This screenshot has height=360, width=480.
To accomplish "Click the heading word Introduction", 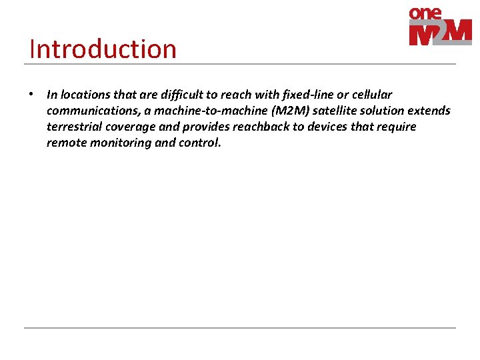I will click(x=103, y=49).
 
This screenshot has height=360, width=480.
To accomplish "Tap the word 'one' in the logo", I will click(x=425, y=13).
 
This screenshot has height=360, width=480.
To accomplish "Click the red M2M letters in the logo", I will click(x=440, y=33).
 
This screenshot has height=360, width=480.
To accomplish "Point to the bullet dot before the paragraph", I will click(x=31, y=94).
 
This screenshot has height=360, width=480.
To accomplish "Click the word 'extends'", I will click(x=428, y=111).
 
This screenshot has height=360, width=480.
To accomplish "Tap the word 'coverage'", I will click(x=131, y=127).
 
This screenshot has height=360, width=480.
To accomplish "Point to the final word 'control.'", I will click(x=199, y=143).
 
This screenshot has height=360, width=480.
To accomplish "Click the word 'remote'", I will click(x=65, y=143).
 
